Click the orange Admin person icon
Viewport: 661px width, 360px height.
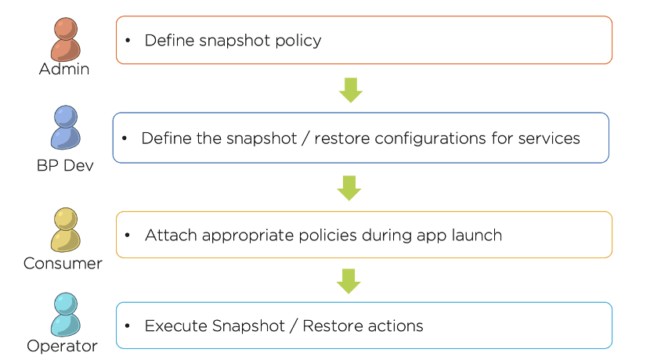click(x=65, y=39)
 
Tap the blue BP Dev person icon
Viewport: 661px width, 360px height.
click(x=65, y=127)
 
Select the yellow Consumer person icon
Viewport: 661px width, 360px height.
click(x=65, y=229)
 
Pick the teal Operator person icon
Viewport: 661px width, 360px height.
click(x=65, y=315)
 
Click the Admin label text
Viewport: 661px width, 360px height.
click(x=64, y=69)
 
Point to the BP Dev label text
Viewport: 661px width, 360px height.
click(x=65, y=165)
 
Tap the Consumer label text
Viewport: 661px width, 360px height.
click(x=63, y=264)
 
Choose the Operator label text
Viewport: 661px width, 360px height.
click(x=62, y=346)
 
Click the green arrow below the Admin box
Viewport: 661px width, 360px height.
click(x=351, y=90)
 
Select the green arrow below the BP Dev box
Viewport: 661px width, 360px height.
click(x=349, y=188)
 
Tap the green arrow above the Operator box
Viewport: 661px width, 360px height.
click(x=349, y=281)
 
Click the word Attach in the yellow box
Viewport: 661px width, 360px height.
click(x=171, y=235)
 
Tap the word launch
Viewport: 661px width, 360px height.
click(x=476, y=235)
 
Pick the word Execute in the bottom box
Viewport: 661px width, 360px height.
click(x=175, y=326)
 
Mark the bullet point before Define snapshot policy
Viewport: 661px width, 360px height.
click(x=128, y=41)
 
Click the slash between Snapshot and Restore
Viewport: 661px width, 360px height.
click(x=294, y=326)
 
